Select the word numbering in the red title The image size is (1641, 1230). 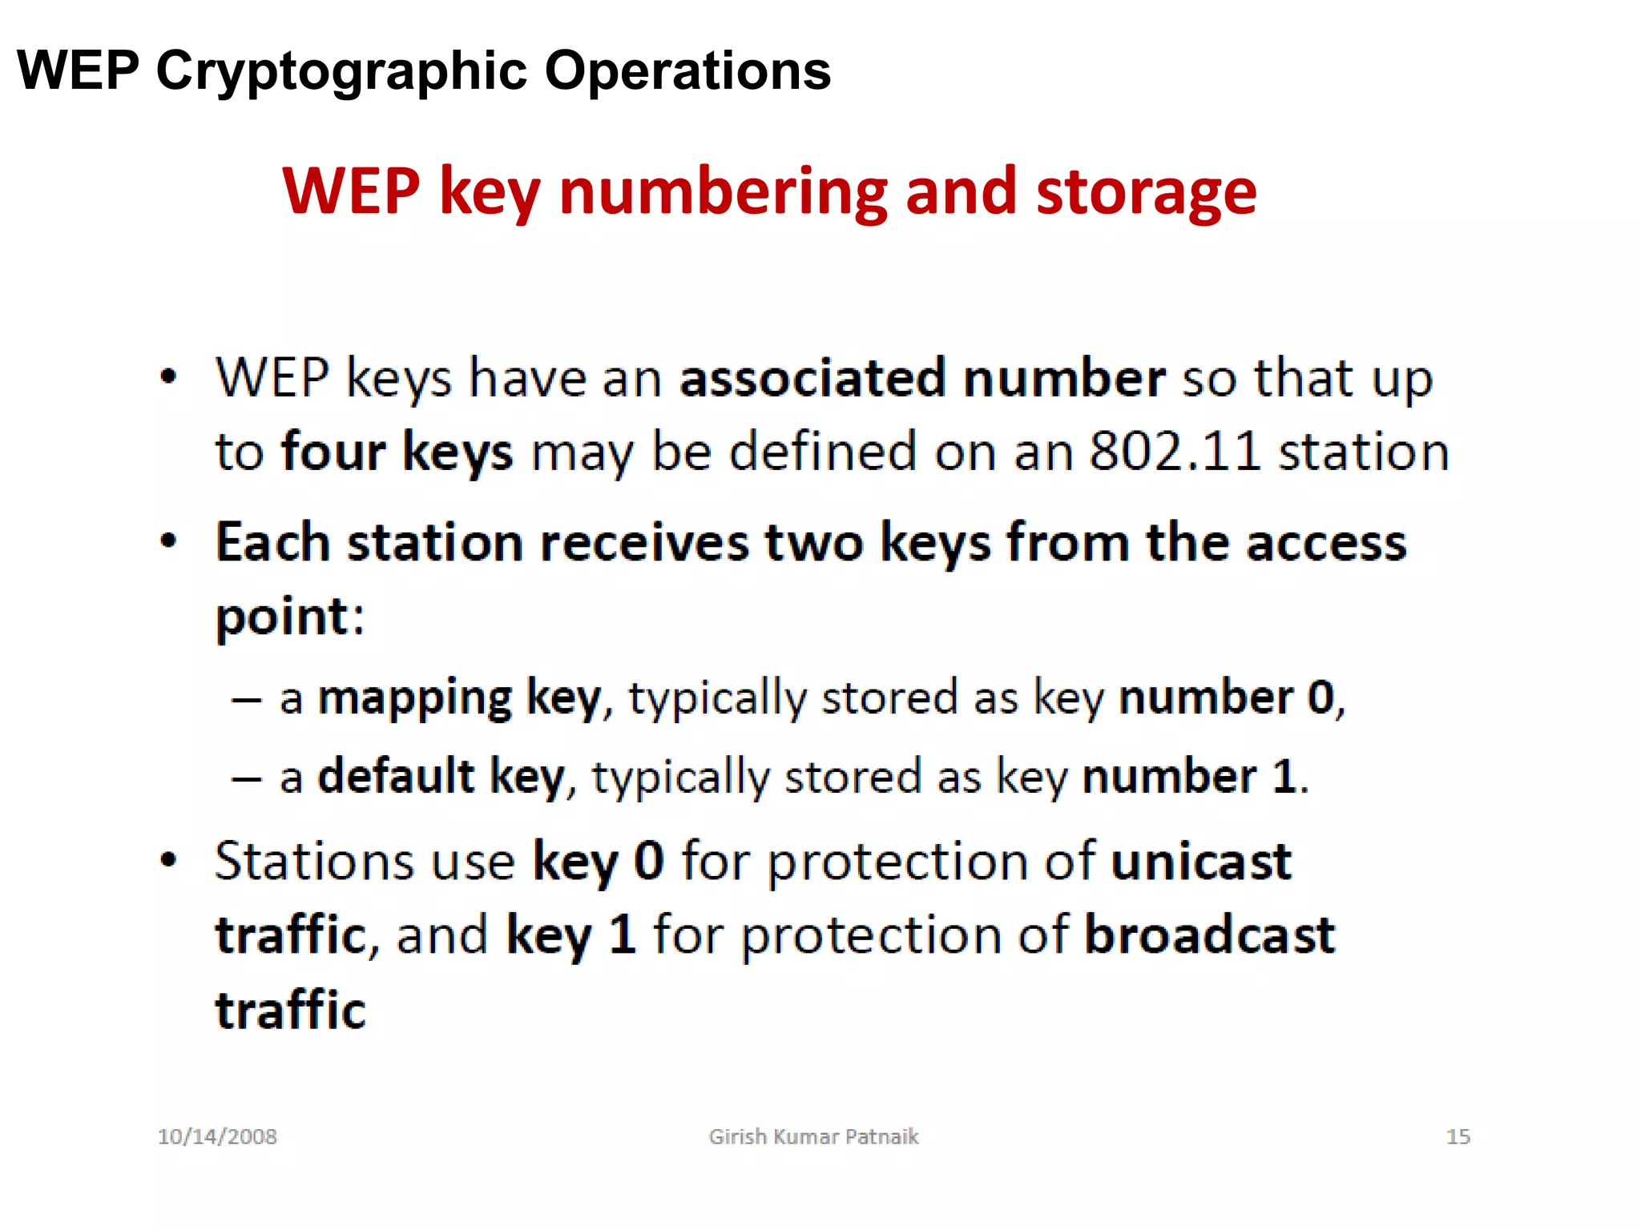(723, 192)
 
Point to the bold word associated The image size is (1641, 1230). (812, 378)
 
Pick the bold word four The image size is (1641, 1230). (333, 452)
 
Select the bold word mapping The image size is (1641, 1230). (414, 698)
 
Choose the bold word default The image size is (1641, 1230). (396, 777)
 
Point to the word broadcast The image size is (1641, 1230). (1209, 935)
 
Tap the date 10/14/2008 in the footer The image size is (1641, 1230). (217, 1137)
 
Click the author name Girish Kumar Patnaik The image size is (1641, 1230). (813, 1137)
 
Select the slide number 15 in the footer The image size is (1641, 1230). (1458, 1137)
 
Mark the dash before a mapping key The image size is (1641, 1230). (246, 700)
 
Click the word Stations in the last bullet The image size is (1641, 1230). (314, 862)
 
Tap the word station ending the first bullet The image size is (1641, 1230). (1363, 452)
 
